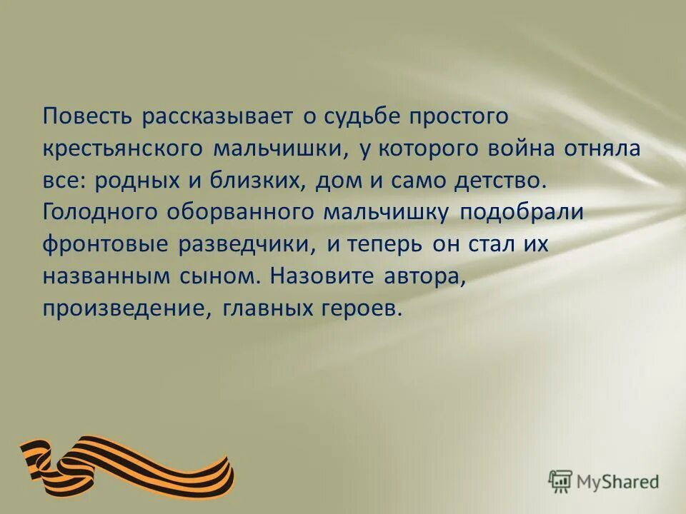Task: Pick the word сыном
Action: [x=232, y=276]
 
